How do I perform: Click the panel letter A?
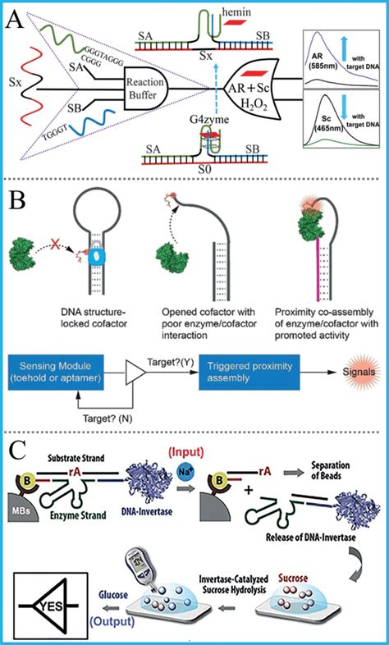pyautogui.click(x=15, y=17)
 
